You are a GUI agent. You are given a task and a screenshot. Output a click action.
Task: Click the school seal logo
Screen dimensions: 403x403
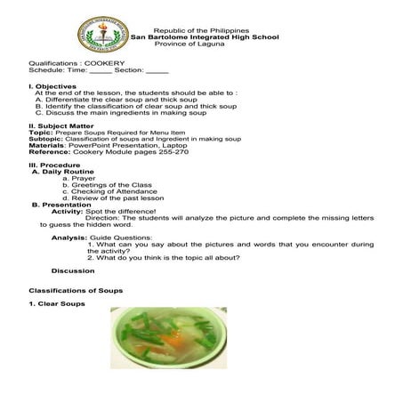(x=102, y=34)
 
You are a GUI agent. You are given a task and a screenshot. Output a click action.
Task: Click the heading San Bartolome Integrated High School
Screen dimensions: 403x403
(x=205, y=36)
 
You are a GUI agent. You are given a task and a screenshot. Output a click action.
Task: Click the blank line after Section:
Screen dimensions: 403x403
(x=157, y=71)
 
